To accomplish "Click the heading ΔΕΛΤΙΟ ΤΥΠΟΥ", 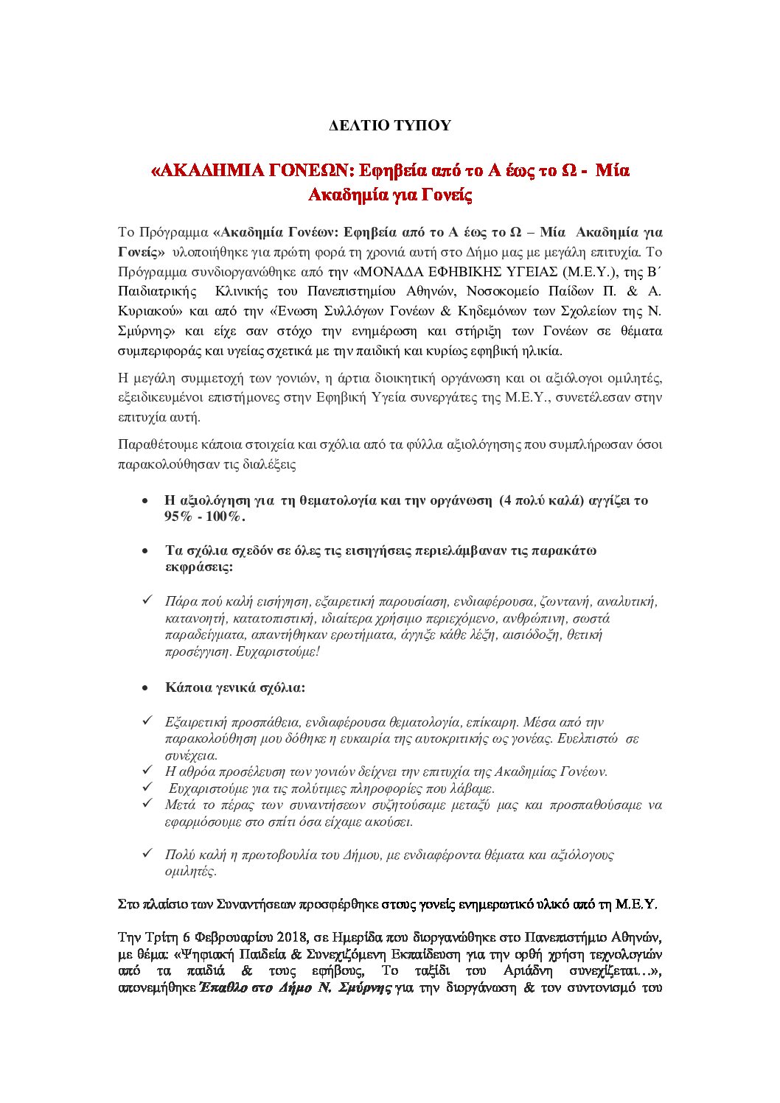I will point(389,125).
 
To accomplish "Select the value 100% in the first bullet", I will point(225,517).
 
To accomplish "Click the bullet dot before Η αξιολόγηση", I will point(146,501).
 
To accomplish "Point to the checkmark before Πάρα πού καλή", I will point(146,600).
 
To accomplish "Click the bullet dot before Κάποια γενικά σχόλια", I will point(146,688).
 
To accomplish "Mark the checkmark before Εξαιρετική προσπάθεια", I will point(146,721).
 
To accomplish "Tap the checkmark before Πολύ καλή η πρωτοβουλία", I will point(146,853).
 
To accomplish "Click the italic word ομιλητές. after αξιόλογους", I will point(191,871).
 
